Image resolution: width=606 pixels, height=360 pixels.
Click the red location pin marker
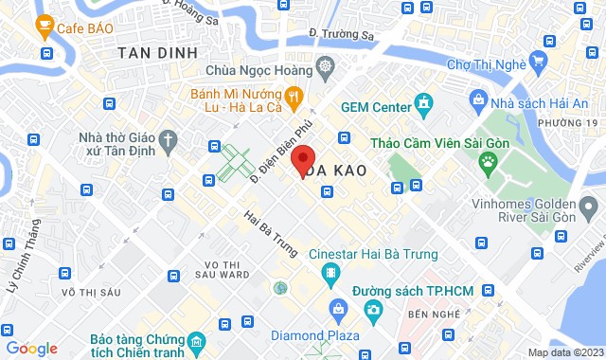[303, 160]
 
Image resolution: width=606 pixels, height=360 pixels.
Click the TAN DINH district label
[157, 54]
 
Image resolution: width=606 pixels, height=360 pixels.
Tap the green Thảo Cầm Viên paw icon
[489, 160]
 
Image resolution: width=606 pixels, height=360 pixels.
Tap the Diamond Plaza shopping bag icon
[338, 309]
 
